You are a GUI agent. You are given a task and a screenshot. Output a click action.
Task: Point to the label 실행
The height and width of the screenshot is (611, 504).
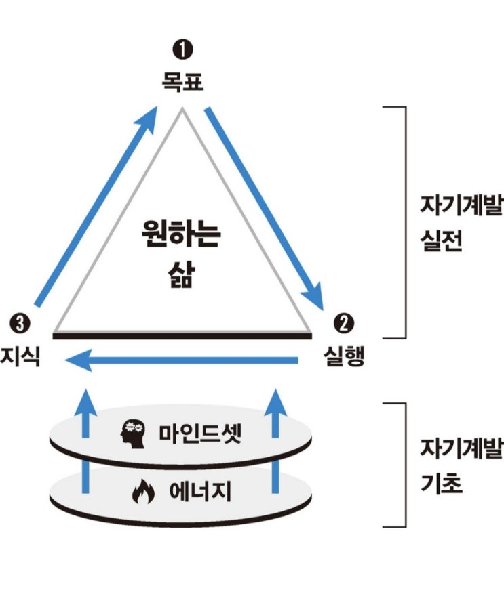point(343,356)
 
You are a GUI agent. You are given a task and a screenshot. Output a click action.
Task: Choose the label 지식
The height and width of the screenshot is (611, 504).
point(21,356)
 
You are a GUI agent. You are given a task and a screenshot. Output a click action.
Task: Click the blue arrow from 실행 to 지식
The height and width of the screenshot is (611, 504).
point(183,362)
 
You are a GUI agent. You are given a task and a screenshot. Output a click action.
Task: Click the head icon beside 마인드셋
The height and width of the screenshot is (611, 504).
point(133,432)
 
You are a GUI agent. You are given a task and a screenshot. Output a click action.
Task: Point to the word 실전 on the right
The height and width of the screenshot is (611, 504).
point(442,243)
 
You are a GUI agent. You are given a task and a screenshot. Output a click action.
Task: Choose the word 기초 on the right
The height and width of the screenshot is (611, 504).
point(442,485)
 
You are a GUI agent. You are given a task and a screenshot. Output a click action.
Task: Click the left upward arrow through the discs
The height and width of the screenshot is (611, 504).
point(85,440)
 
